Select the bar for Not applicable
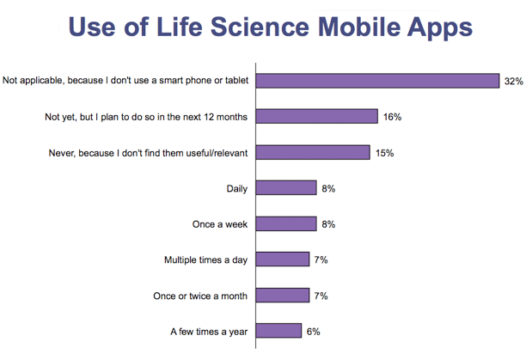coord(379,81)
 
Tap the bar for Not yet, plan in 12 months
coord(318,116)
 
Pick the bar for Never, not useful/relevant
coord(314,152)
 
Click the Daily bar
coord(287,188)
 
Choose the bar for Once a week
coord(287,224)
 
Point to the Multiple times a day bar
coord(284,259)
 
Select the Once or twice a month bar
coord(284,296)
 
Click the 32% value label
coord(514,81)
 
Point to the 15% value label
coord(385,153)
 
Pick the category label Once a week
coord(220,224)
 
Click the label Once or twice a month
coord(199,296)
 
